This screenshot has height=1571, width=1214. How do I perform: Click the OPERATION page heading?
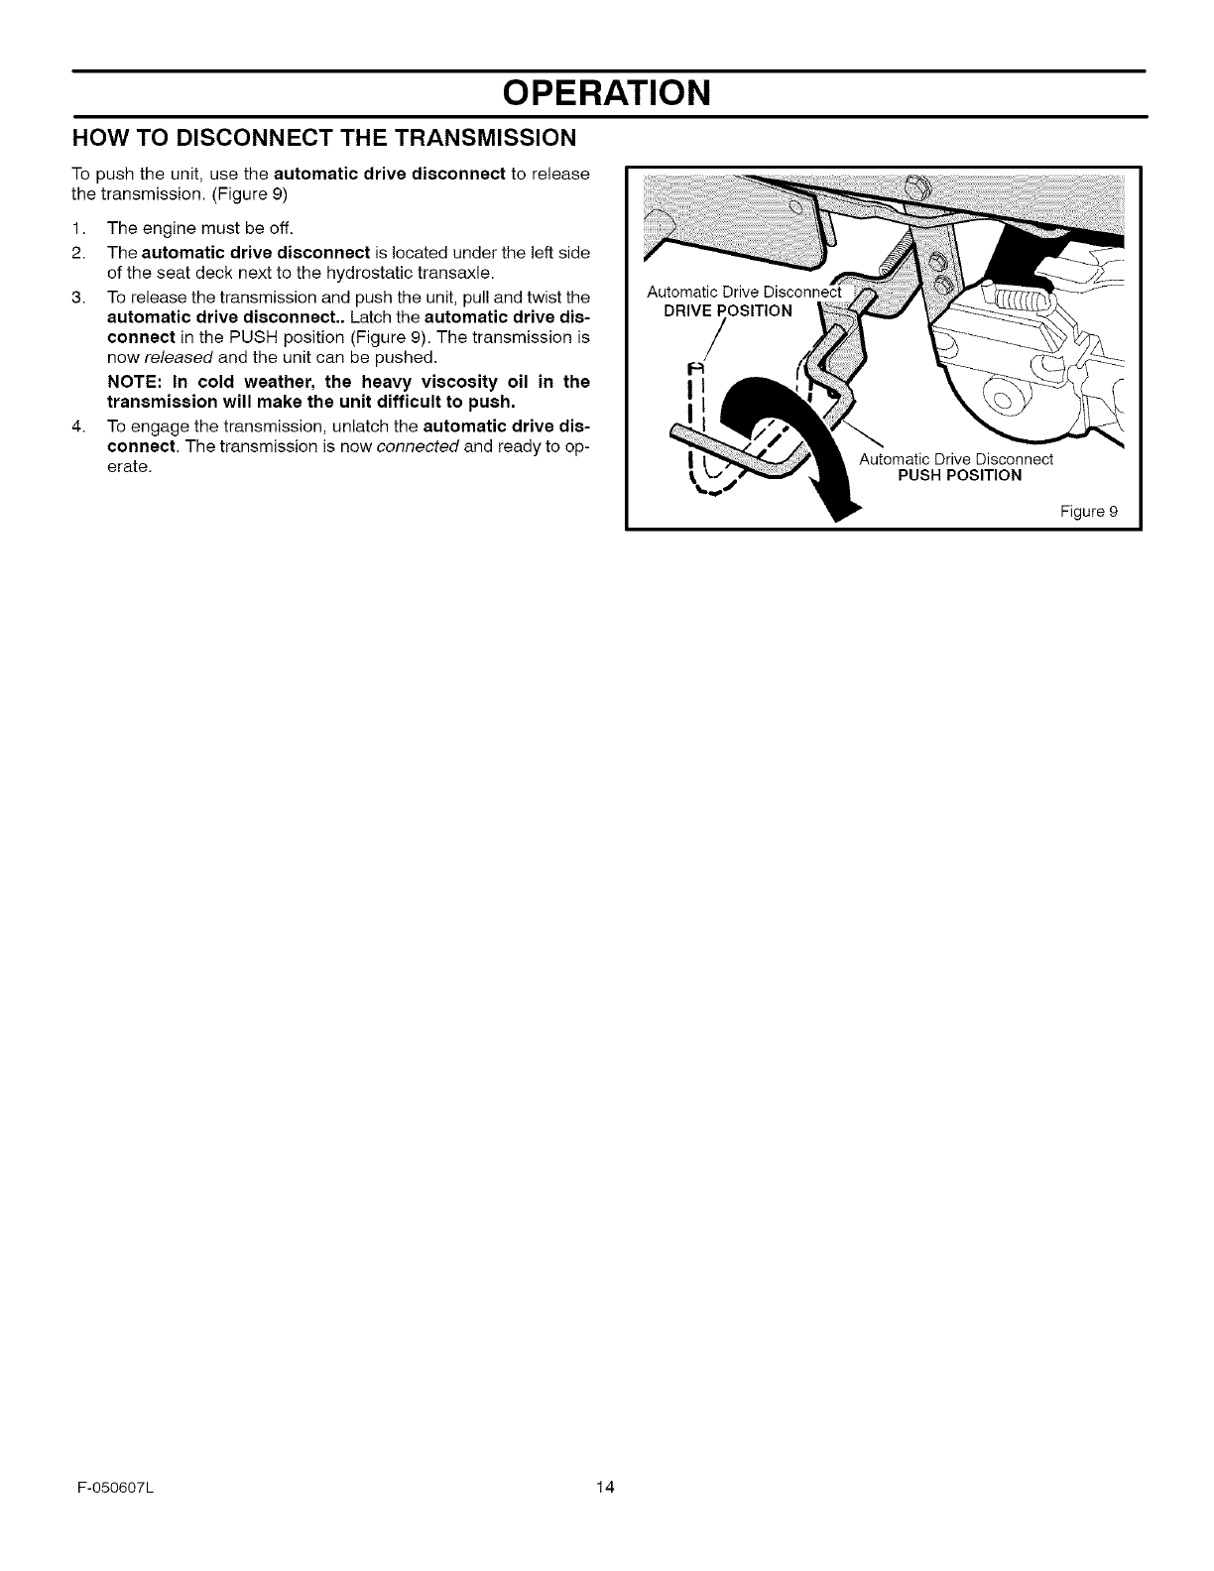click(x=607, y=93)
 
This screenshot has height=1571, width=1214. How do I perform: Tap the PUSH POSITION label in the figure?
click(x=959, y=475)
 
